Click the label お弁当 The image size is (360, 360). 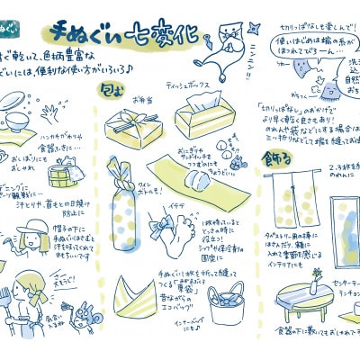pos(142,101)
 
